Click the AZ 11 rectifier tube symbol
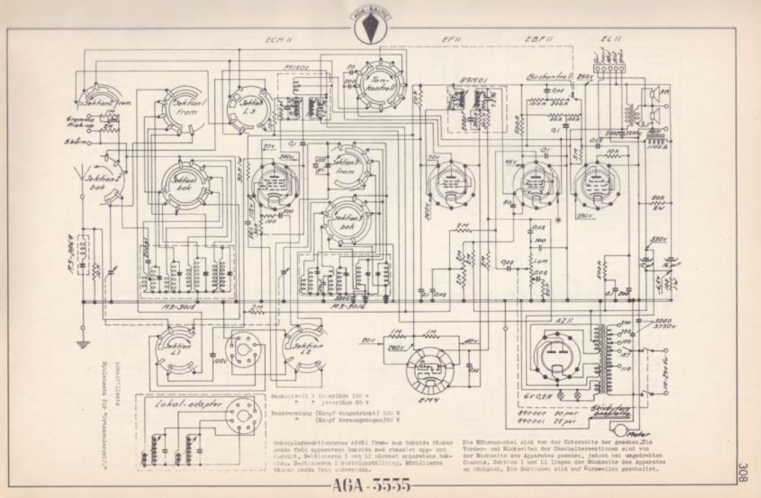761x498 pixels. (559, 355)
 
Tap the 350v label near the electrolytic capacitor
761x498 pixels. (658, 239)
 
